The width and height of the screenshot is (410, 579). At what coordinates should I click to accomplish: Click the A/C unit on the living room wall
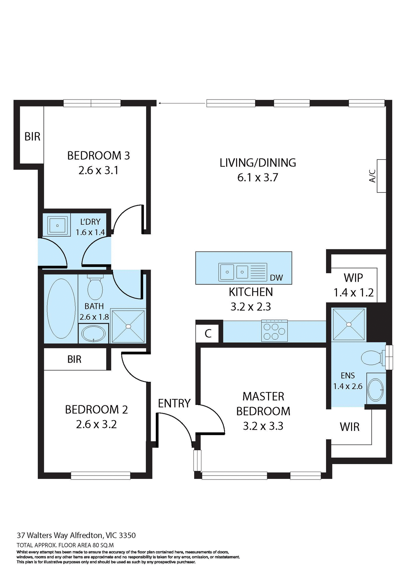coord(381,176)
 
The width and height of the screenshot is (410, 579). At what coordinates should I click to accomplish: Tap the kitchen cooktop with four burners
coord(274,331)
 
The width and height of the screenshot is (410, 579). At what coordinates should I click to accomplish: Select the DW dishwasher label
coord(276,278)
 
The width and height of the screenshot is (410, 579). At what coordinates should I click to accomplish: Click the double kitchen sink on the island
coord(234,272)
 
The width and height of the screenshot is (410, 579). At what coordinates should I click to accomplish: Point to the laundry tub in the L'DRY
coord(57,225)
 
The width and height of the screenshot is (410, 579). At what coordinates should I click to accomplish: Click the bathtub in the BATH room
coord(61,308)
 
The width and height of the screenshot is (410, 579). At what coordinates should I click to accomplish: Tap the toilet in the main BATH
coord(95,288)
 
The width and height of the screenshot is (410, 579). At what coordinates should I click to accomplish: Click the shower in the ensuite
coord(349,324)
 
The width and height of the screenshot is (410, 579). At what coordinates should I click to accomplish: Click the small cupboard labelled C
coord(208,334)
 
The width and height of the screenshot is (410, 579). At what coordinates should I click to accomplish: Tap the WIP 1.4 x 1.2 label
coord(353,285)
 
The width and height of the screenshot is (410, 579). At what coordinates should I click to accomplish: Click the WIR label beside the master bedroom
coord(349,427)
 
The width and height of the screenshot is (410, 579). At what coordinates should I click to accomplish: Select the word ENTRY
coord(174,403)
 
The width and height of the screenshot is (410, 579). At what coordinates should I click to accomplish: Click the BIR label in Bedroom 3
coord(32,137)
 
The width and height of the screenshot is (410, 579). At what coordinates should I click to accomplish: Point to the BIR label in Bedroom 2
coord(74,359)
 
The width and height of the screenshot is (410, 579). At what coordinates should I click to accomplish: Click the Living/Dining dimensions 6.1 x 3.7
coord(257,178)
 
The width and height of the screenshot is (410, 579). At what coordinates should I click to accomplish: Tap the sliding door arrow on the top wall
coord(181,103)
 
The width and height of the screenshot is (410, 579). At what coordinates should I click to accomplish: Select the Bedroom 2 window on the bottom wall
coord(101,476)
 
